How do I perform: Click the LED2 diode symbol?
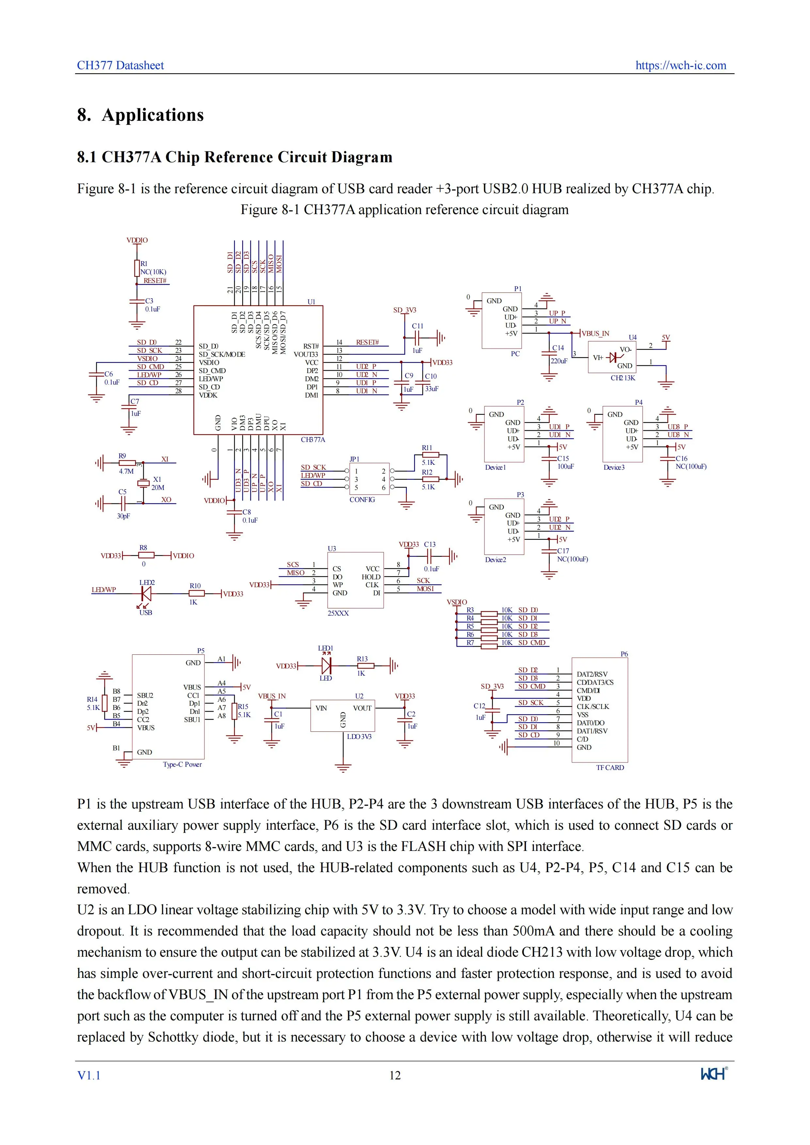[146, 593]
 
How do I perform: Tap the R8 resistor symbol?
[146, 555]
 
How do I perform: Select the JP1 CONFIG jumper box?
[370, 479]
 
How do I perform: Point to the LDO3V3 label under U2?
[359, 737]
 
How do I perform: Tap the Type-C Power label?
[182, 764]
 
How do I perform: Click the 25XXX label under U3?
[338, 613]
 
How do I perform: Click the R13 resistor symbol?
[366, 666]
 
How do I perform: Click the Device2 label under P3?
[495, 560]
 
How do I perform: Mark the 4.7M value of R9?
[126, 471]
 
